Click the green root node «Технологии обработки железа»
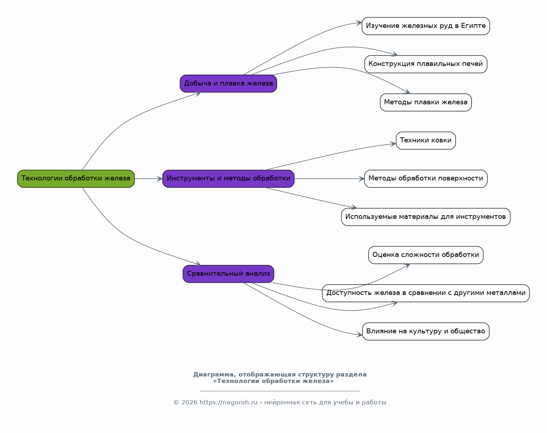point(76,179)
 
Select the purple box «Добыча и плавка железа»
point(228,83)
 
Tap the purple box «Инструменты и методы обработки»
point(228,179)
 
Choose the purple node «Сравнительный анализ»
point(228,274)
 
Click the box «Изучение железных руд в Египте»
point(426,26)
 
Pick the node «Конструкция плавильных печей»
point(426,64)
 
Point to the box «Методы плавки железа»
point(426,102)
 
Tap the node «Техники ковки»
point(426,141)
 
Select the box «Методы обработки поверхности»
point(426,179)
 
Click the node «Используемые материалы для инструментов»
point(426,217)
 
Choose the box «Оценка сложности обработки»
point(426,255)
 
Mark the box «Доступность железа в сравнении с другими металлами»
point(426,293)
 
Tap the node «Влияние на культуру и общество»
point(426,332)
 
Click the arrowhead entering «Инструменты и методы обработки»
point(160,179)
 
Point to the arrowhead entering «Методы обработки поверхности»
point(362,179)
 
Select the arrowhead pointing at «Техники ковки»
point(393,144)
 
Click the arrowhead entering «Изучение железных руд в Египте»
point(359,23)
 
